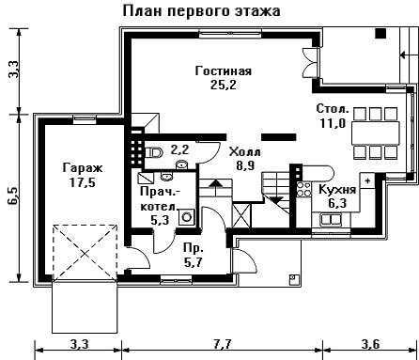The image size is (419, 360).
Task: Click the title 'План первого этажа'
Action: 201,11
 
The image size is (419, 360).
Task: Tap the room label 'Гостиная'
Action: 224,70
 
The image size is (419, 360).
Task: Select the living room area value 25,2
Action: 224,85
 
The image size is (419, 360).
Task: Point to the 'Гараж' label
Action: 83,168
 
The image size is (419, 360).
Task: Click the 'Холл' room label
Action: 244,152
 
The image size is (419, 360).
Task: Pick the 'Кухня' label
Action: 337,190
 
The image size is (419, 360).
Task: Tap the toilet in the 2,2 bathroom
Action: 154,153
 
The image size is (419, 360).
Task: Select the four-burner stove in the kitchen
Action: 303,189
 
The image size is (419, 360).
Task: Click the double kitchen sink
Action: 331,219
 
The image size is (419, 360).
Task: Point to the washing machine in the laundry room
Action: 187,217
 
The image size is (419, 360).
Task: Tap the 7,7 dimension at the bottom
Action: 223,344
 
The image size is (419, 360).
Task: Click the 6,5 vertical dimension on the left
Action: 14,196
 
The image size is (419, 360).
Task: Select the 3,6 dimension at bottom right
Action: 370,344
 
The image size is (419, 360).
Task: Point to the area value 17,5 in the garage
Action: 83,182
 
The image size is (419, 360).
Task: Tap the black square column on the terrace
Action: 380,33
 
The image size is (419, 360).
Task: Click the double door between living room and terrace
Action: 311,63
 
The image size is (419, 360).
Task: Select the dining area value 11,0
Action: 333,123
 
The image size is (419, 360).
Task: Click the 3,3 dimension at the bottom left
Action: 79,344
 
